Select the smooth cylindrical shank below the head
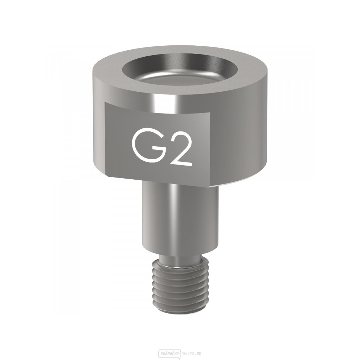coord(165,218)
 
